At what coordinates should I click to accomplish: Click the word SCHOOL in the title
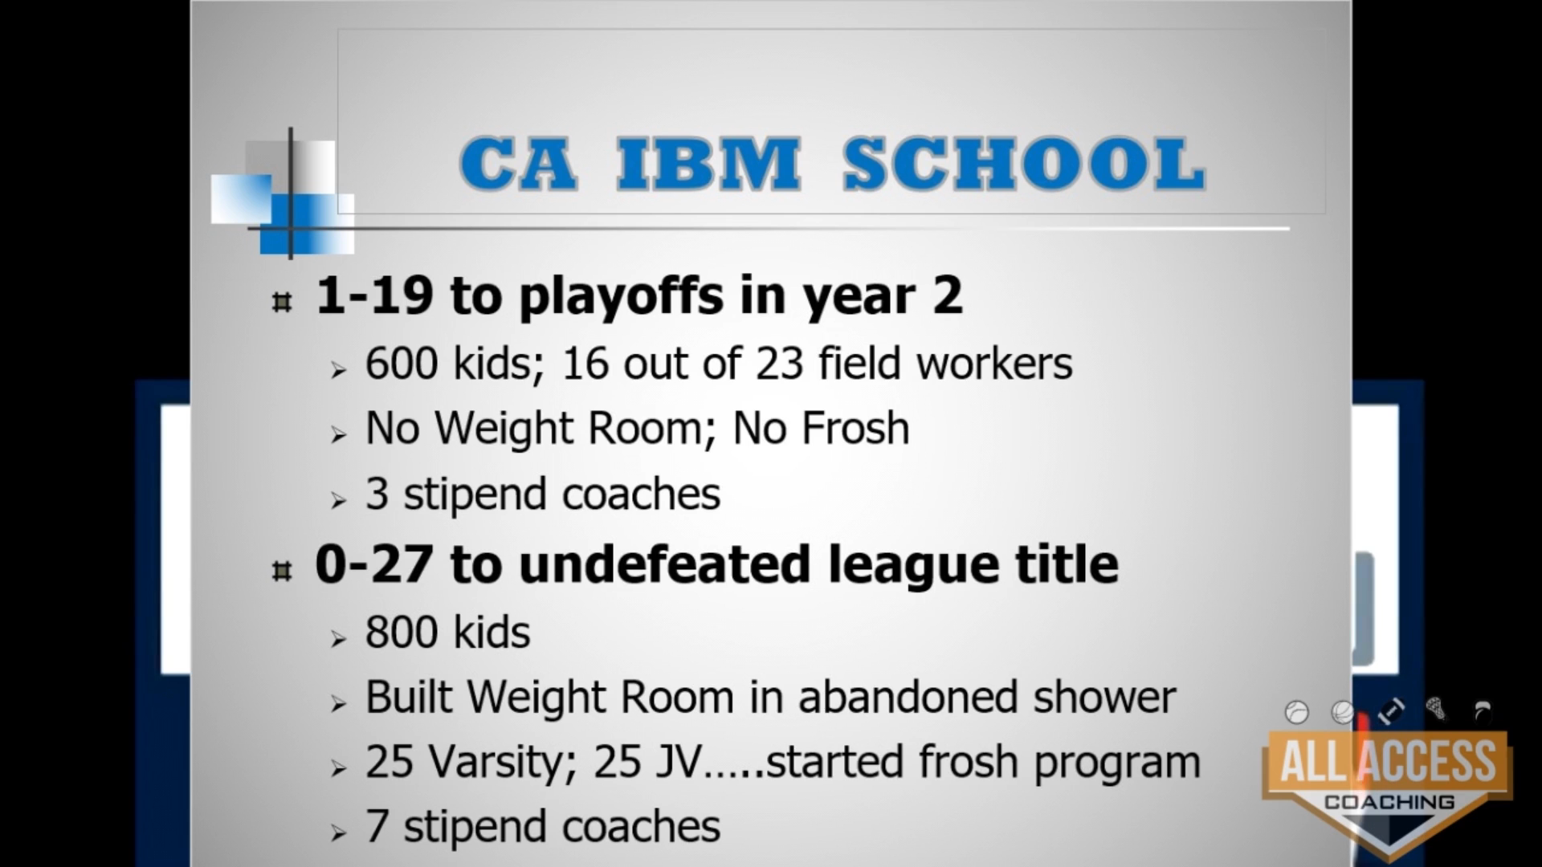(1025, 164)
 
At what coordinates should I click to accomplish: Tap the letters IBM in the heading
(708, 164)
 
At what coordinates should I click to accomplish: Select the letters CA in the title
(518, 164)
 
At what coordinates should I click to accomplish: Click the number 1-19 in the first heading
(374, 295)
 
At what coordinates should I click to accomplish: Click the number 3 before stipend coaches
(377, 494)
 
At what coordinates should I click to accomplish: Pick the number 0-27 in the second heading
(375, 564)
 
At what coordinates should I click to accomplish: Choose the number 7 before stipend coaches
(377, 826)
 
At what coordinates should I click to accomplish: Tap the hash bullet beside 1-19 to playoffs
(281, 303)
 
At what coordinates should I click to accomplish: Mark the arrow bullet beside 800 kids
(338, 639)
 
